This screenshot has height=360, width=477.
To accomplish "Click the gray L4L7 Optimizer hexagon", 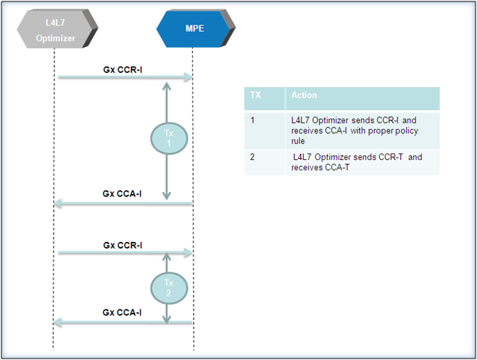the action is coord(57,29).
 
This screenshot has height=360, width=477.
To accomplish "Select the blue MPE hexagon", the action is coord(196,28).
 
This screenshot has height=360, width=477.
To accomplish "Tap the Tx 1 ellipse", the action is coord(169,138).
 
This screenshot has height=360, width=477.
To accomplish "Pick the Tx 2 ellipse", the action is coord(169,288).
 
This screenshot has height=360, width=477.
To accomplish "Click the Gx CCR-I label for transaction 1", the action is coord(123,70).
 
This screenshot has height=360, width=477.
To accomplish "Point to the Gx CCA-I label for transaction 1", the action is coord(122,193).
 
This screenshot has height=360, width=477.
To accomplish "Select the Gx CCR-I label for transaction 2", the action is coord(123,245).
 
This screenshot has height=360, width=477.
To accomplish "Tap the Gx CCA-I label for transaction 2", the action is coord(122,313).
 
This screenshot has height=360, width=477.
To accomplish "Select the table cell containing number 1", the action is coord(265,130).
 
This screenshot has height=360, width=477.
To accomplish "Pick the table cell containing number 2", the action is coord(265,162).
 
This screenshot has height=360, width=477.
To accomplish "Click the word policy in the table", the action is coord(407,131).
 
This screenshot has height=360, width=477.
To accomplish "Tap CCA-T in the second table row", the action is coord(337,167).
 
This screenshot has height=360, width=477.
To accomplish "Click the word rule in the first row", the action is coord(298,141).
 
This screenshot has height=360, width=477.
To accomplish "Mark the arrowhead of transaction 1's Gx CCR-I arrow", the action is coord(188,77).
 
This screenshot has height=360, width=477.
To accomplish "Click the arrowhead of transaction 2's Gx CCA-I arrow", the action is coord(58,322).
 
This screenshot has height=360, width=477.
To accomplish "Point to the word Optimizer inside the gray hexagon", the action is coord(56,38).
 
